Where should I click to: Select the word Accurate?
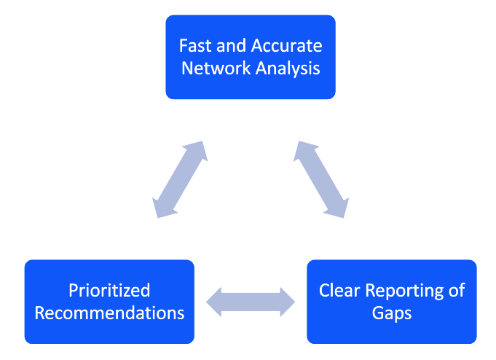[286, 46]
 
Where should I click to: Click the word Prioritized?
[109, 291]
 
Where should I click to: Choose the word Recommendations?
[109, 313]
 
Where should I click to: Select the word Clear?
[339, 290]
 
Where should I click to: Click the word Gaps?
[392, 314]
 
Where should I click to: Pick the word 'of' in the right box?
[457, 290]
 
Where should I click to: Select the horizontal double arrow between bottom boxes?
[251, 302]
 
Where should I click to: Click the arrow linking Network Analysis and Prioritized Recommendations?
[180, 179]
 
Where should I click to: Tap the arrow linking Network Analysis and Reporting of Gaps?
[321, 179]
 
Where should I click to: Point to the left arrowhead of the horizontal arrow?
[214, 302]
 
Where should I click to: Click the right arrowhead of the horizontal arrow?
[288, 302]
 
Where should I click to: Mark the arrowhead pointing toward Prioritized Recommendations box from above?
[162, 208]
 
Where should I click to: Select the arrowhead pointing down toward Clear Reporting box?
[339, 208]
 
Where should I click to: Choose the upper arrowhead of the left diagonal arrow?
[197, 150]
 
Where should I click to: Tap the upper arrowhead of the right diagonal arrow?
[304, 150]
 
